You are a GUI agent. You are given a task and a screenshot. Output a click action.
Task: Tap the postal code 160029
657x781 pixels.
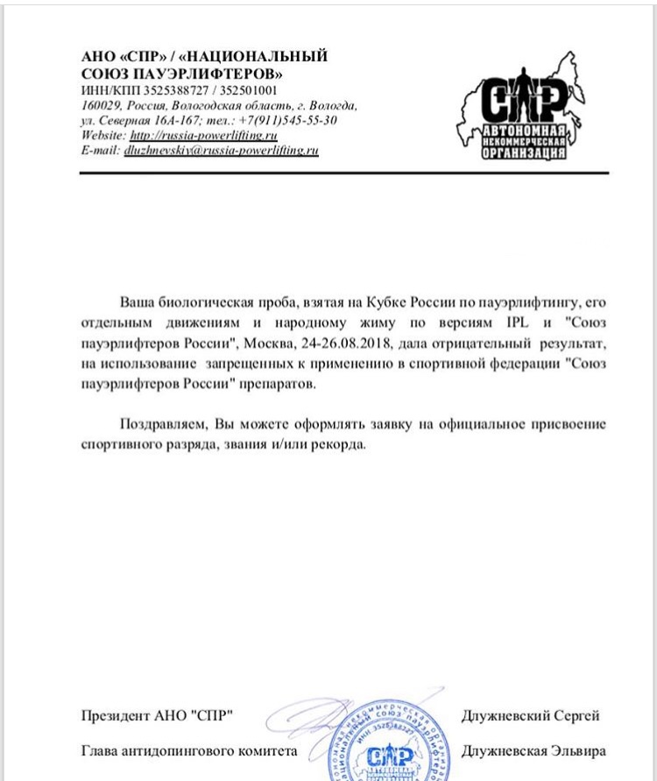click(97, 105)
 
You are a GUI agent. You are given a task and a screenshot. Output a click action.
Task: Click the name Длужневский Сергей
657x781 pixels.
click(530, 716)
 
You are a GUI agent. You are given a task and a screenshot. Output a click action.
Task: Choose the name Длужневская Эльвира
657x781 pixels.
click(532, 752)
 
